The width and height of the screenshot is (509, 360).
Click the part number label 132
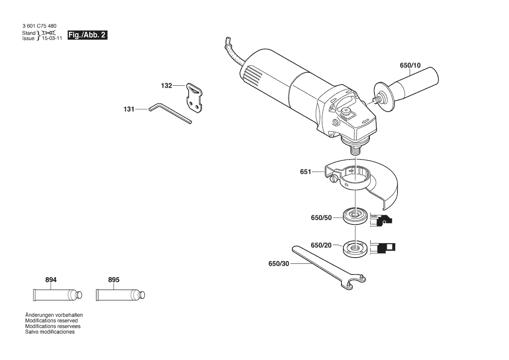166,85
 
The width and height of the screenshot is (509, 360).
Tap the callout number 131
129,109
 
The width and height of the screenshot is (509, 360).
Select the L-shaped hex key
170,113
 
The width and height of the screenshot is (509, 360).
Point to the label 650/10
410,65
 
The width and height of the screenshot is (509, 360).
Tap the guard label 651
306,172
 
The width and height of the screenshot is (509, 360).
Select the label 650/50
321,217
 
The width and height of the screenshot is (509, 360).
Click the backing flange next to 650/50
355,217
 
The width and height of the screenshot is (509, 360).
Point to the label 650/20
321,245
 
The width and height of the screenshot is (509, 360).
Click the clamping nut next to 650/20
355,248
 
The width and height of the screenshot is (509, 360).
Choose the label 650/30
279,264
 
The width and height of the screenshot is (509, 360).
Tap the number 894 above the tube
51,280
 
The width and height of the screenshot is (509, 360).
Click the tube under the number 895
121,295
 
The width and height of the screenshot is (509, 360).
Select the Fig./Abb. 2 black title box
88,35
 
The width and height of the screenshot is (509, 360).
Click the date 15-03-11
52,38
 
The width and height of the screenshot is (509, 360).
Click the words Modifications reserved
52,321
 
